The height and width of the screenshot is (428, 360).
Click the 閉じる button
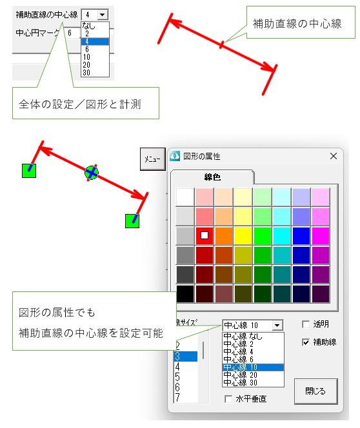tap(315, 391)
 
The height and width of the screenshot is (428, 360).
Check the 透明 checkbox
tap(306, 324)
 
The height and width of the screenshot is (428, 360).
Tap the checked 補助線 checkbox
tap(306, 342)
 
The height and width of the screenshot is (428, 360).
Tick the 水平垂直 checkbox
tap(228, 399)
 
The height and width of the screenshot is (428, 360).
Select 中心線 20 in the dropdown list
tap(241, 375)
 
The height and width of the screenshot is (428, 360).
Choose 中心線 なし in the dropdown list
tap(243, 336)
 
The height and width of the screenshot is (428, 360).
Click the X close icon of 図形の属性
tap(334, 156)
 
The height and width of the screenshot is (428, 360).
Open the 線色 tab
tap(212, 177)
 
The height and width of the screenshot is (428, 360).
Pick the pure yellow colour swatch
tap(243, 235)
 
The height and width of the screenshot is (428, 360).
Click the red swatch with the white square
tap(205, 235)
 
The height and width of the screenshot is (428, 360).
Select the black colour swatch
tap(185, 294)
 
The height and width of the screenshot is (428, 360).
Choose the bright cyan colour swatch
tap(282, 235)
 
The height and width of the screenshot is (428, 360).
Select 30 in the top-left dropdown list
tap(86, 73)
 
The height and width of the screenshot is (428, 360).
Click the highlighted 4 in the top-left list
tap(86, 41)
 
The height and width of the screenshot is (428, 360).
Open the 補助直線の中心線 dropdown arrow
tap(103, 14)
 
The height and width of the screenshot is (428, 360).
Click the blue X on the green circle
tap(92, 173)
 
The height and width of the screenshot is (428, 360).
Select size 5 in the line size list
tap(177, 377)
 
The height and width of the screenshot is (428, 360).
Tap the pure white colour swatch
tap(185, 197)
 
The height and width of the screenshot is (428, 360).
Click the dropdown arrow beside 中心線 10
tap(277, 326)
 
